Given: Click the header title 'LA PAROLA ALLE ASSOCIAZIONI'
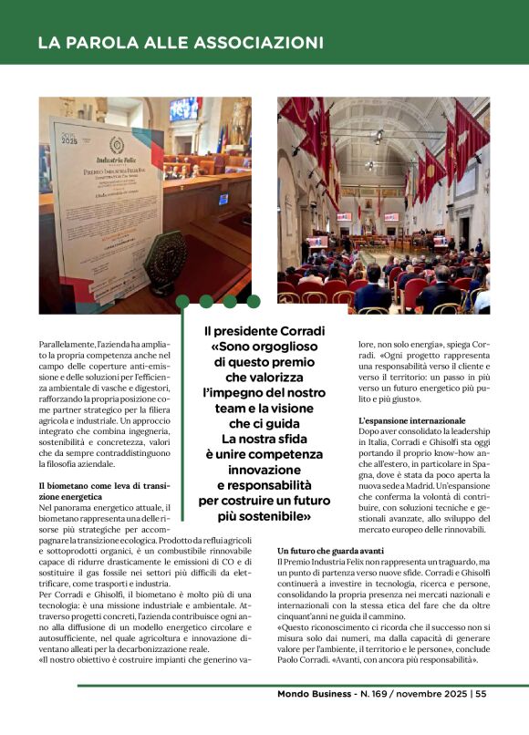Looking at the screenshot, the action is (181, 44).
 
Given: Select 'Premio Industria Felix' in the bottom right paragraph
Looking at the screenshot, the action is (329, 563).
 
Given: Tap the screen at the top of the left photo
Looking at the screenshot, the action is (184, 109).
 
